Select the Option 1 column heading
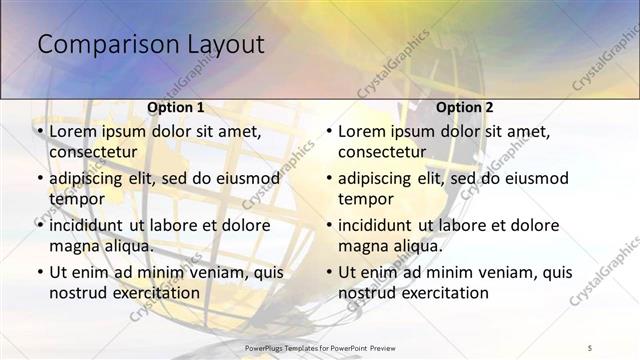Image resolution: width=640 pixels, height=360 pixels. [176, 107]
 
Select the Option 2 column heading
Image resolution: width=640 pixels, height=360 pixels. [465, 107]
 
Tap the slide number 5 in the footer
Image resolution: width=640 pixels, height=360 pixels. [590, 346]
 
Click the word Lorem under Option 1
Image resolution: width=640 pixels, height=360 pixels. [74, 131]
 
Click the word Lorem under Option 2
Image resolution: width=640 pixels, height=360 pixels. [363, 131]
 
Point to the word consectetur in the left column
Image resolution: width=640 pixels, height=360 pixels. [93, 152]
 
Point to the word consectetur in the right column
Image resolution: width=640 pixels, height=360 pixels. [382, 152]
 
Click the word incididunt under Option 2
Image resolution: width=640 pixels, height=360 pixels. [376, 225]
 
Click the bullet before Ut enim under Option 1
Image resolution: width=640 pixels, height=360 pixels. [39, 272]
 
